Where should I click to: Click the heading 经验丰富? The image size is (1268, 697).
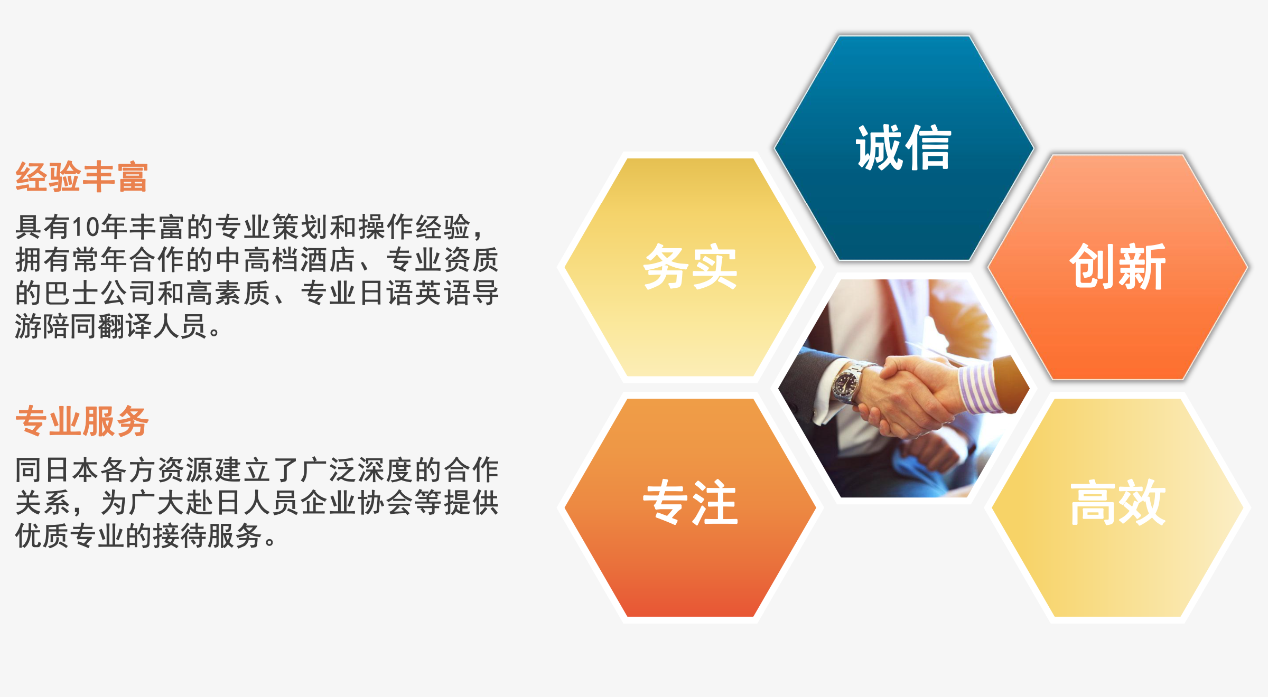82,177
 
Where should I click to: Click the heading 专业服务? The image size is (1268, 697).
82,421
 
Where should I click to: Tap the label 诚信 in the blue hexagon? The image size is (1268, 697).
903,148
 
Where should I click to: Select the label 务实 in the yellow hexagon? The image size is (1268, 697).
690,267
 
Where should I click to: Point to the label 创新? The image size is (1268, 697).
1118,267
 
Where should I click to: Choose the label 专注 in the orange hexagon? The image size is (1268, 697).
690,502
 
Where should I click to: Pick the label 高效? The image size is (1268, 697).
1118,502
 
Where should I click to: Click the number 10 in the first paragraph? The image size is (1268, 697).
86,227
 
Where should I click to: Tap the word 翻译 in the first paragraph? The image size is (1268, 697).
125,326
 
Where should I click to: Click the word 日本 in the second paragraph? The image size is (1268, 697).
72,470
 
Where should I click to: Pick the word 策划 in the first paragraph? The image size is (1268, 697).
300,227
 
